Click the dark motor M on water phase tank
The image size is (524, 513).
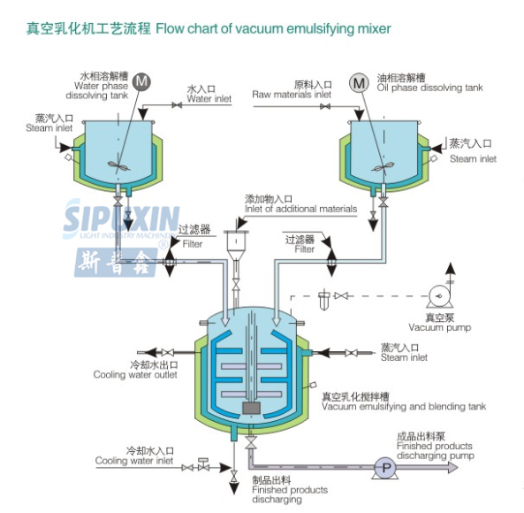141,82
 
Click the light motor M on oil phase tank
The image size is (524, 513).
360,82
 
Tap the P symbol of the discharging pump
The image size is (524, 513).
386,468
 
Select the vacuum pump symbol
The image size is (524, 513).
440,296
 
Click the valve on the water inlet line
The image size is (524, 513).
177,105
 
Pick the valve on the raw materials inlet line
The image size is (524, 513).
325,107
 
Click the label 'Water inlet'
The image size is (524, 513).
209,99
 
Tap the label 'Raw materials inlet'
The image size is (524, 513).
292,95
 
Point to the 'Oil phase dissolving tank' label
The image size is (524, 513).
429,88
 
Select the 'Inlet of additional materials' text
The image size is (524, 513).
300,209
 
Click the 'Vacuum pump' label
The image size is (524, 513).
439,327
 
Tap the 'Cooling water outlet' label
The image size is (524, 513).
135,374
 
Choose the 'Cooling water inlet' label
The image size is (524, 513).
134,461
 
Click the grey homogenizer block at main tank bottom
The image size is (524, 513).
251,408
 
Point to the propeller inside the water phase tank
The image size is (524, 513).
118,165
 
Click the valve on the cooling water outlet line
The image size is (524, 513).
167,353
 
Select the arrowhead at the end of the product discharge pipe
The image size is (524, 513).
452,468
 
